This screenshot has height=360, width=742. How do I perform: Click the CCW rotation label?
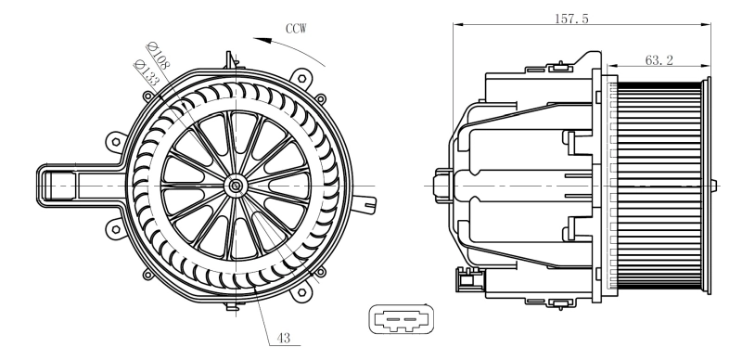(x=297, y=28)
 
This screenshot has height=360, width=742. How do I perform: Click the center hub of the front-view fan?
(x=236, y=186)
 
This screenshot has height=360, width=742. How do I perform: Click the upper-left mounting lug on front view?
(x=115, y=141)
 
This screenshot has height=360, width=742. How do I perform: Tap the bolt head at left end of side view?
(x=442, y=185)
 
